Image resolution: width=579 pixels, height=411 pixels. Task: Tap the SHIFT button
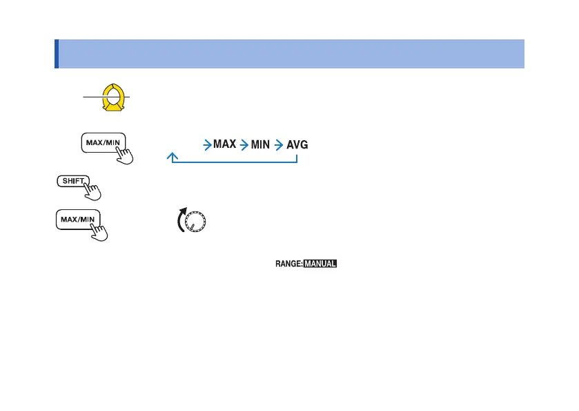[x=72, y=182]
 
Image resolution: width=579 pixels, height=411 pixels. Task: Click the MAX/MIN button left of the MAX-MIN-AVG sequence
[x=101, y=143]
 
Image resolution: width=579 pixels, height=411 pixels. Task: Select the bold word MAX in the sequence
[x=225, y=145]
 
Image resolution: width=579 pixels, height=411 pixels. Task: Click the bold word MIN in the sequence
[x=261, y=145]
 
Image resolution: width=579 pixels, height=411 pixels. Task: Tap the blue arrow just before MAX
[x=207, y=145]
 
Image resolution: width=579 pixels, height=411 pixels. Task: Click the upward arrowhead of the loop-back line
[x=170, y=157]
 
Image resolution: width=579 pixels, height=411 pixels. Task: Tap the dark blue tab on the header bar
[x=57, y=54]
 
